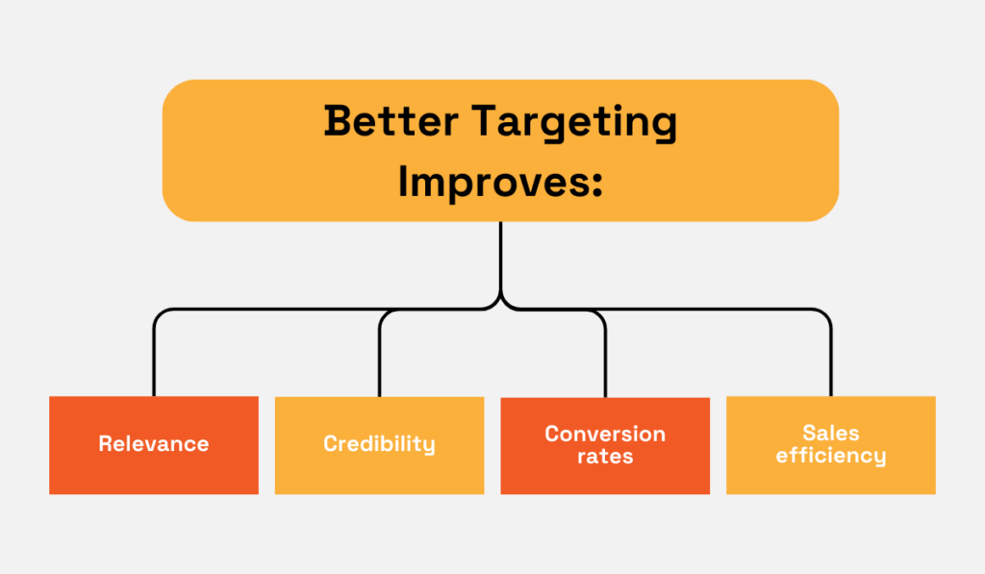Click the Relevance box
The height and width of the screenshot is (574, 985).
(154, 445)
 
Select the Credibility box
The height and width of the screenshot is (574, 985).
(379, 445)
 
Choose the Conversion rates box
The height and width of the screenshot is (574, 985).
(605, 445)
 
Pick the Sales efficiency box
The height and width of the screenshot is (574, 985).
(831, 445)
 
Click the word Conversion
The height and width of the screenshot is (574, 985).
(605, 434)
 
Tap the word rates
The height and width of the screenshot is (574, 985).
(605, 457)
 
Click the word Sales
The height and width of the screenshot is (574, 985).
(831, 434)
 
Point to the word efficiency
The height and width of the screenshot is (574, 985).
(831, 457)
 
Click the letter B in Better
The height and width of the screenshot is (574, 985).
(338, 122)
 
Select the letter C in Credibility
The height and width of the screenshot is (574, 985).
(330, 444)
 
